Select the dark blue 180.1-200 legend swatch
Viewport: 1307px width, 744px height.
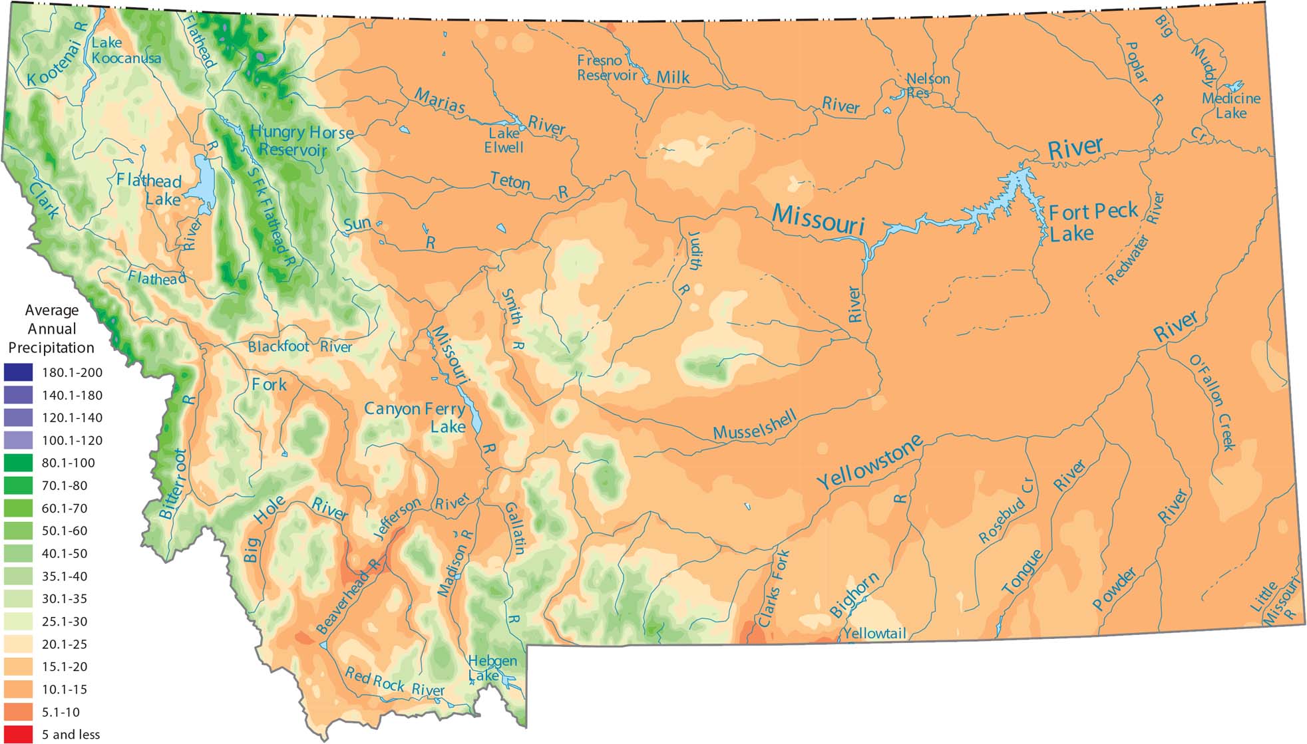click(x=18, y=372)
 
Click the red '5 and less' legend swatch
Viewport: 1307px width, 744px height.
click(x=18, y=734)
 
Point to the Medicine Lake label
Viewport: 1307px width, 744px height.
click(x=1230, y=106)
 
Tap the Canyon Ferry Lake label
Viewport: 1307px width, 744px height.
click(x=415, y=417)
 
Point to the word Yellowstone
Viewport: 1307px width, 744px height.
click(x=870, y=461)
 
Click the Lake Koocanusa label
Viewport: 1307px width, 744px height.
click(x=125, y=51)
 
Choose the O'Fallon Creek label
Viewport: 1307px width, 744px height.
click(x=1212, y=403)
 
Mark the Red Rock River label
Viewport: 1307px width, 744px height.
click(x=394, y=683)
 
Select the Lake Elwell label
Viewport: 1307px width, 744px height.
click(x=504, y=140)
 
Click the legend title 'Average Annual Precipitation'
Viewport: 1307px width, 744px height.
click(x=51, y=328)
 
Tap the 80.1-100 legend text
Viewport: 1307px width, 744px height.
click(x=68, y=463)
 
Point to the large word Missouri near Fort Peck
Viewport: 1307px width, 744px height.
click(x=818, y=219)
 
